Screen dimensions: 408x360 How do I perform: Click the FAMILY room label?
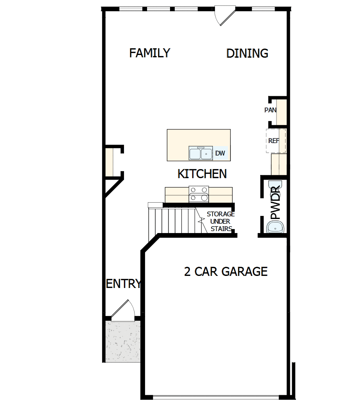point(150,53)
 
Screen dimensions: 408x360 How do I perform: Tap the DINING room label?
point(247,53)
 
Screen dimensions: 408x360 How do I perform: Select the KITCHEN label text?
point(202,174)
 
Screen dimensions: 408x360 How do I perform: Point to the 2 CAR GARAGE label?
point(226,272)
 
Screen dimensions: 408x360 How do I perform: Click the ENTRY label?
point(123,284)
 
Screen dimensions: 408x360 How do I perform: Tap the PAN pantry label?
point(270,110)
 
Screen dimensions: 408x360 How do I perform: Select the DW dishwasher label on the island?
point(220,153)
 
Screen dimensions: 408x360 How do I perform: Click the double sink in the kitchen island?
point(201,154)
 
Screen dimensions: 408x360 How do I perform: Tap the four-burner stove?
point(199,194)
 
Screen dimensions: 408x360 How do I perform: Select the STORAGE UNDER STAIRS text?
point(220,221)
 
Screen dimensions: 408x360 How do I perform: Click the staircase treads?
point(172,220)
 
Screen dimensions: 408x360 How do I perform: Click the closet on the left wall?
point(109,161)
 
